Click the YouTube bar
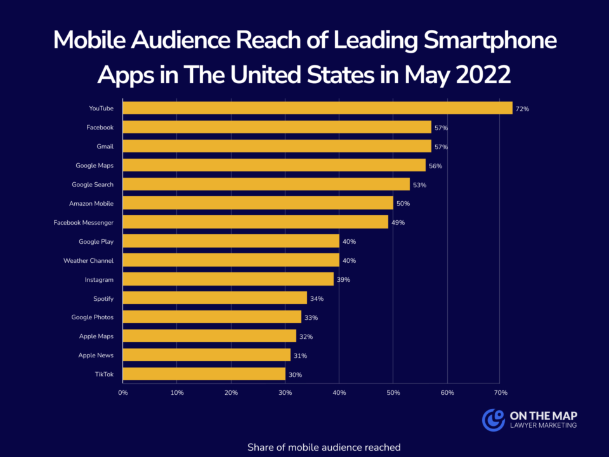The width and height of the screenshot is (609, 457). coord(317,108)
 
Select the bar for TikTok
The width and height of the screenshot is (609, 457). coord(204,374)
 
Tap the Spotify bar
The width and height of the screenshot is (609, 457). coord(214,298)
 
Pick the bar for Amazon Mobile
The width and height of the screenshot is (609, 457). coord(258,203)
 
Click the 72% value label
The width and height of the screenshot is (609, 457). coord(522,109)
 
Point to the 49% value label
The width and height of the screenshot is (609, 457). coord(398,223)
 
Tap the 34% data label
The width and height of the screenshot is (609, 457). coord(317,299)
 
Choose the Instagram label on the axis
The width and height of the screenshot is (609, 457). coord(99,279)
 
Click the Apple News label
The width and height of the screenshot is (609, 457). coord(96,355)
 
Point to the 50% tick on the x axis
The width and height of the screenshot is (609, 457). coord(393,393)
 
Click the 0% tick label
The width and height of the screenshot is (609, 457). coord(123,393)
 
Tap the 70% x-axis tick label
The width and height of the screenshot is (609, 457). coord(501,393)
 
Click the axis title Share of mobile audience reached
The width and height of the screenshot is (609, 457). coord(324,447)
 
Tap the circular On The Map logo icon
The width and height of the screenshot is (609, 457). coord(493,420)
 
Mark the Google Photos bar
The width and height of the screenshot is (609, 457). coord(212,317)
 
